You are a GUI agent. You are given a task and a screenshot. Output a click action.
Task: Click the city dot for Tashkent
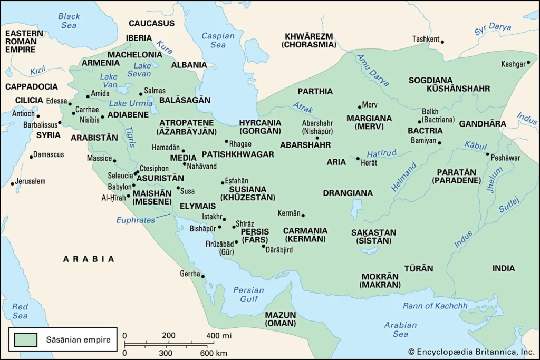(x=442, y=42)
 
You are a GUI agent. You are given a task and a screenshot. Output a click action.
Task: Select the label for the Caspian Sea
(x=218, y=40)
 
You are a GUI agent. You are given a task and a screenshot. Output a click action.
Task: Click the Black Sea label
(x=69, y=21)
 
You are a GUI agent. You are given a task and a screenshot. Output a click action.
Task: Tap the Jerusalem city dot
(x=12, y=184)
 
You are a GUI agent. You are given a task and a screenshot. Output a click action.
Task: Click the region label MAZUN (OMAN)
(x=280, y=319)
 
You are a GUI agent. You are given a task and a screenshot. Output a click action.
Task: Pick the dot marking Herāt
(x=358, y=158)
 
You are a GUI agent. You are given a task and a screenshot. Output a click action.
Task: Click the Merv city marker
(x=360, y=106)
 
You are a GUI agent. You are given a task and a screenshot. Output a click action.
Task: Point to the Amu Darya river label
(x=372, y=70)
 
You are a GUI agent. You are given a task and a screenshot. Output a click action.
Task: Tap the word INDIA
(x=504, y=268)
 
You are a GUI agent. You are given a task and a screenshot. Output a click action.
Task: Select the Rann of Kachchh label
(x=435, y=306)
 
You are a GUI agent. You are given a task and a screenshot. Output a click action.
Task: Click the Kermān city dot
(x=303, y=215)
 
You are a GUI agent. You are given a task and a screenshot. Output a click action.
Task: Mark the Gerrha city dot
(x=202, y=276)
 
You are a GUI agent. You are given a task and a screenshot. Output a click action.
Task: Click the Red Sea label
(x=20, y=311)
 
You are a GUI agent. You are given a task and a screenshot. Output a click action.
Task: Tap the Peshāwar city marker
(x=487, y=154)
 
